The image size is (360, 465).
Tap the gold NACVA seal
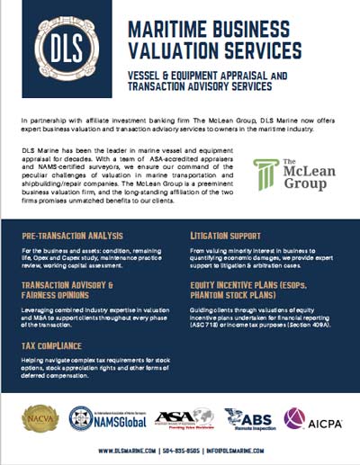[42, 418]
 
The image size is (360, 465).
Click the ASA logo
[182, 418]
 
